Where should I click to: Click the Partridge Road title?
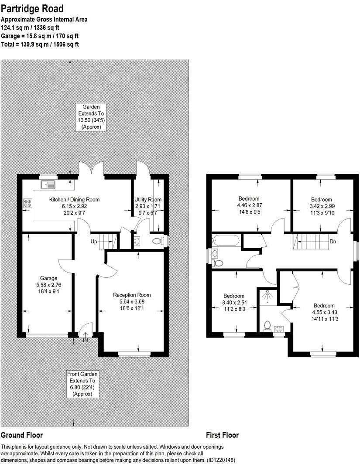point(32,8)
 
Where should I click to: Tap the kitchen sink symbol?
point(48,185)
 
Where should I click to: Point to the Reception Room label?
point(132,295)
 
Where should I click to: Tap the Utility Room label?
point(148,200)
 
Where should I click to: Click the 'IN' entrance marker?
point(86,340)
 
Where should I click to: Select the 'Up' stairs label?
point(94,241)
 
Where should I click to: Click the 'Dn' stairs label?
point(333,241)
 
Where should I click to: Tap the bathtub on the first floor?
point(226,240)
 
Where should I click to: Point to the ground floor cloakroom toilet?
point(156,241)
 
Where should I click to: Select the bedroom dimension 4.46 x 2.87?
point(249,205)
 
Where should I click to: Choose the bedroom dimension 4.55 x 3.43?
point(324,312)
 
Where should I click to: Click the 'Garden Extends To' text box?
point(91,116)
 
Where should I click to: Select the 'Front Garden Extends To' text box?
point(82,384)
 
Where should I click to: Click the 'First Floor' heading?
point(222,435)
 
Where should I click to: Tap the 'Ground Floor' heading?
point(21,435)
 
